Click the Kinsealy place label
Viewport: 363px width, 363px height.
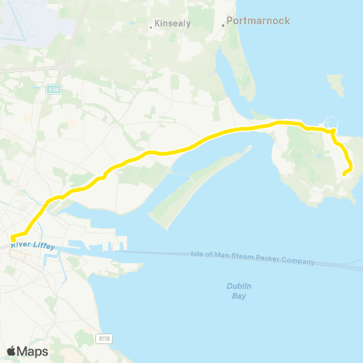(173, 23)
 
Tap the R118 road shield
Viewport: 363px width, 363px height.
(103, 337)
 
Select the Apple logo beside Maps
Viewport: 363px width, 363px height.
(12, 351)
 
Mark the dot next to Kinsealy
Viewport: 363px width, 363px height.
(152, 26)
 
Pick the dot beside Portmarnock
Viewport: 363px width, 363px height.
(224, 25)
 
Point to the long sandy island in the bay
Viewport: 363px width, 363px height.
(197, 181)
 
